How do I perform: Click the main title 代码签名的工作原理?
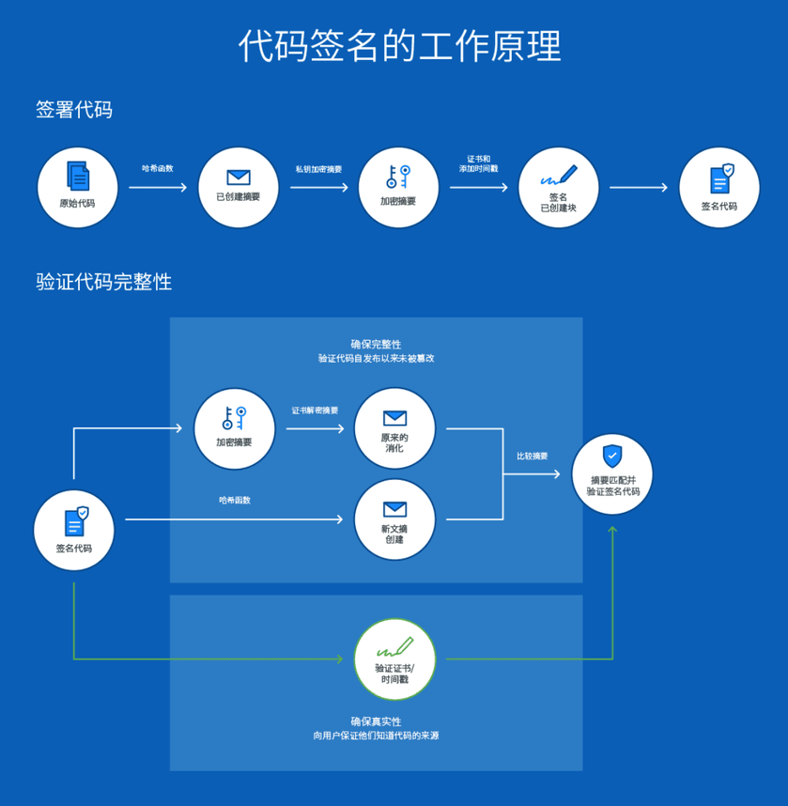399,45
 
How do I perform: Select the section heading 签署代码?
74,110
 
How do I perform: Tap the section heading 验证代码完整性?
104,282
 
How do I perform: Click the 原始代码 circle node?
77,187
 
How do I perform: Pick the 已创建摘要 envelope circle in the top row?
239,187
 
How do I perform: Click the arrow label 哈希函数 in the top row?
158,168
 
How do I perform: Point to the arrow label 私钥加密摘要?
318,169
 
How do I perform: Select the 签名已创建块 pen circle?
558,187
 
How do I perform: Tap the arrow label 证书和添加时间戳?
479,163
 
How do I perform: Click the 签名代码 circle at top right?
719,187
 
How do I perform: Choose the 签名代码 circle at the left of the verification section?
74,530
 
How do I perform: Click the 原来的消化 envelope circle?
394,428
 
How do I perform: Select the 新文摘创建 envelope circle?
394,519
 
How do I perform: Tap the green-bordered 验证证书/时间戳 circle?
394,659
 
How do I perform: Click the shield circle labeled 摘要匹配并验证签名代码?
612,473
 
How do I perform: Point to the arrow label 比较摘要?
533,457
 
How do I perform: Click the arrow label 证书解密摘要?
316,411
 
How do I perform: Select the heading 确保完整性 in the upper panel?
376,345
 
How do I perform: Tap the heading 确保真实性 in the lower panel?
376,721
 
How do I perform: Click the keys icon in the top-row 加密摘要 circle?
398,177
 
